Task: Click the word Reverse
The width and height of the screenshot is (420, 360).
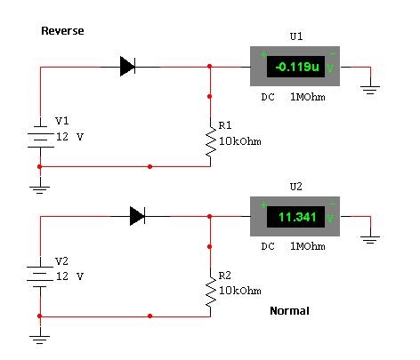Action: pyautogui.click(x=62, y=31)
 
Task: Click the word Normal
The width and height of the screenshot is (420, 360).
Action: pyautogui.click(x=289, y=311)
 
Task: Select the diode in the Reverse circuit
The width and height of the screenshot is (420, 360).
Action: pyautogui.click(x=127, y=67)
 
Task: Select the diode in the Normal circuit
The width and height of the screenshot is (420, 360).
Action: pyautogui.click(x=137, y=216)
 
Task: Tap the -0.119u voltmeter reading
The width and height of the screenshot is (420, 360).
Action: pyautogui.click(x=297, y=67)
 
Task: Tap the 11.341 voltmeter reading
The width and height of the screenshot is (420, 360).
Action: pyautogui.click(x=297, y=217)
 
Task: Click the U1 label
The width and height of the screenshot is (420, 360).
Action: pyautogui.click(x=296, y=36)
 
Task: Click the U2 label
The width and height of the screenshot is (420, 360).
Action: pyautogui.click(x=296, y=187)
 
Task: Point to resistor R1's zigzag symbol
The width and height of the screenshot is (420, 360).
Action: pyautogui.click(x=211, y=142)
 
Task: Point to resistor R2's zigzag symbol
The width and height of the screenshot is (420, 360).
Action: pyautogui.click(x=211, y=292)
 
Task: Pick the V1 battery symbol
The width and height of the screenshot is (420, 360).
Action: pyautogui.click(x=40, y=137)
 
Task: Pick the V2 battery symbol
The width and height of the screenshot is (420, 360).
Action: pyautogui.click(x=40, y=276)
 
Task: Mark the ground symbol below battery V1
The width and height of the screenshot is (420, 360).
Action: pyautogui.click(x=39, y=189)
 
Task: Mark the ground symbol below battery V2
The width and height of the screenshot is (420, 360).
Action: pyautogui.click(x=39, y=340)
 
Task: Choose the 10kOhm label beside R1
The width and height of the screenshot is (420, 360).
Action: pyautogui.click(x=240, y=141)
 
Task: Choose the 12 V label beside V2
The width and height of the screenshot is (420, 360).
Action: pyautogui.click(x=70, y=276)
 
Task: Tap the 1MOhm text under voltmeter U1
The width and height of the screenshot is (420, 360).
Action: pyautogui.click(x=308, y=97)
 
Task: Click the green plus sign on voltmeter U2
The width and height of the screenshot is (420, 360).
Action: pyautogui.click(x=263, y=204)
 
